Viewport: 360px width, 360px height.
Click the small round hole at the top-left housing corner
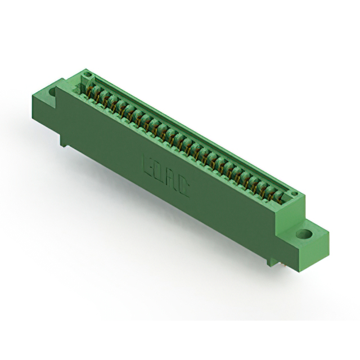(x=86, y=74)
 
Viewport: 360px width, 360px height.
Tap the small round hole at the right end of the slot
(x=292, y=194)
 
